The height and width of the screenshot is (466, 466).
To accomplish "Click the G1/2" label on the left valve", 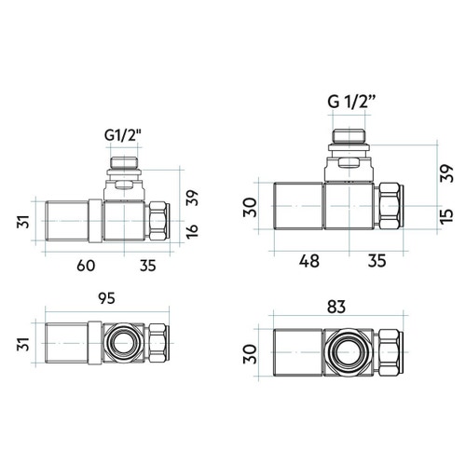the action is [123, 135].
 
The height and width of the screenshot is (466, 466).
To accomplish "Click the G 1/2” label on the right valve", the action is [351, 102].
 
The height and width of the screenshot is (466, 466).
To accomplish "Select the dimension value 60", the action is [86, 266].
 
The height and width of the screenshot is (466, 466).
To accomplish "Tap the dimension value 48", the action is [309, 261].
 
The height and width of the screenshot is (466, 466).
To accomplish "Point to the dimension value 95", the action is [106, 298].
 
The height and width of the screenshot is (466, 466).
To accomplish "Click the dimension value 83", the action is [336, 307].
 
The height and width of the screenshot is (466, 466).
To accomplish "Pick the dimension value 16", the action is [192, 231].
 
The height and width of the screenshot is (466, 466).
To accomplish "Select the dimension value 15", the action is [447, 215].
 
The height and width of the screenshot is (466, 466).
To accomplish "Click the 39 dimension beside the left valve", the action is [192, 198].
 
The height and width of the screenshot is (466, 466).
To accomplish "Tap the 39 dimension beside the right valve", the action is [447, 173].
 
